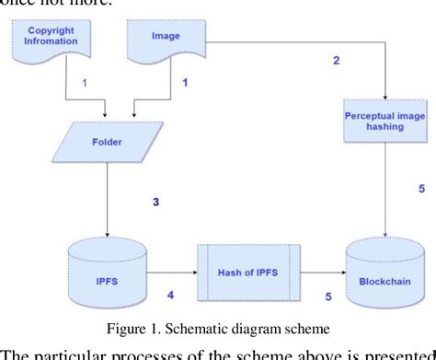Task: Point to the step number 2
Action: click(x=336, y=61)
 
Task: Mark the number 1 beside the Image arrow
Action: click(x=184, y=84)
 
